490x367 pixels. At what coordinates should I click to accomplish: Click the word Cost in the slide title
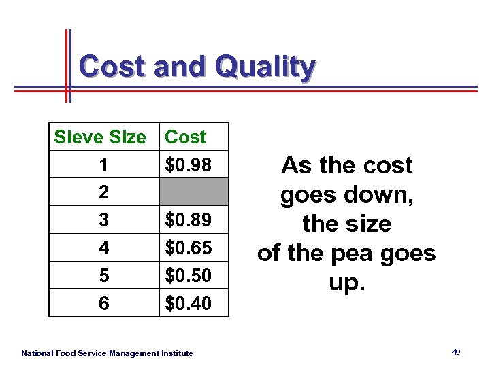112,67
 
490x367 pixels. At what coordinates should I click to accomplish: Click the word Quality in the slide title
265,68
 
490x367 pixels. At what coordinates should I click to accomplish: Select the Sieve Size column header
100,137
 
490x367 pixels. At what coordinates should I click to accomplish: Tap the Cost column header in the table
186,137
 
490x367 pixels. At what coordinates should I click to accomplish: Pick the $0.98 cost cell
188,164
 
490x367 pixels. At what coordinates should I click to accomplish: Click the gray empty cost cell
194,192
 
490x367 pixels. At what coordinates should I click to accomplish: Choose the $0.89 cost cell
188,220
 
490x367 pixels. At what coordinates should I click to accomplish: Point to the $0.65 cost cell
188,248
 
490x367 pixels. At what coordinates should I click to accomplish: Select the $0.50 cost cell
188,276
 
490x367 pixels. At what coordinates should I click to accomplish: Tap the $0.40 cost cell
188,303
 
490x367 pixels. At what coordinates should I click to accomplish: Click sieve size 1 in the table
103,164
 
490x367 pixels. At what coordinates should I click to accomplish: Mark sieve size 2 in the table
103,192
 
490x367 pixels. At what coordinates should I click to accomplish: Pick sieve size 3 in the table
103,220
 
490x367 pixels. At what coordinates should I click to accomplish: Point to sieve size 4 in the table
103,248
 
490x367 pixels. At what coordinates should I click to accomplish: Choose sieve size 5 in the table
103,276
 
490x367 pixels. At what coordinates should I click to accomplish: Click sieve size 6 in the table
103,303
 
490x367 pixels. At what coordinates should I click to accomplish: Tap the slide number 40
456,351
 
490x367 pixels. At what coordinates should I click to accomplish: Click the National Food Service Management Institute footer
107,353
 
